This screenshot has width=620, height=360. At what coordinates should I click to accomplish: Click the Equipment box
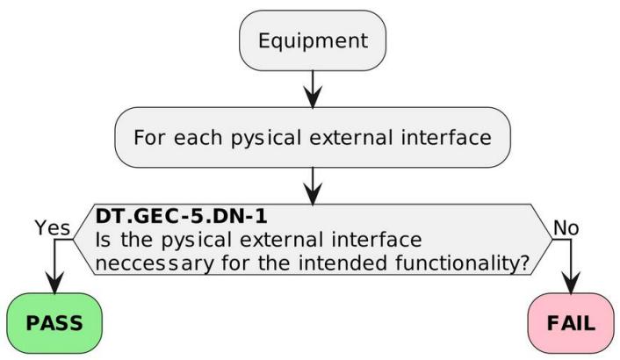[313, 40]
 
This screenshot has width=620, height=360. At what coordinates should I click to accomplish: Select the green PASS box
[54, 323]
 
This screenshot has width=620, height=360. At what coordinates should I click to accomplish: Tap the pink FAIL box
[571, 323]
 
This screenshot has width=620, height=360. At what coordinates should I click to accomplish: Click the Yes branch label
[53, 228]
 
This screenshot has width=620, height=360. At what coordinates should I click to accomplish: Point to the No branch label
[566, 228]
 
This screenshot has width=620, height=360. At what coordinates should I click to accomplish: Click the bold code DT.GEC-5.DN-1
[182, 217]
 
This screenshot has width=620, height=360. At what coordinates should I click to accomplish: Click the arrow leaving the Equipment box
[313, 89]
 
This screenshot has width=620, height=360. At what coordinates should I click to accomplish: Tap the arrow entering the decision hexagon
[313, 186]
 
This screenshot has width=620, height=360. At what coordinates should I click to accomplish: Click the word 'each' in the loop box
[198, 138]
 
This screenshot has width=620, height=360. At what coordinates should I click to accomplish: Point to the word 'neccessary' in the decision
[155, 263]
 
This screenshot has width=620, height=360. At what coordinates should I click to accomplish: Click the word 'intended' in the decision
[342, 263]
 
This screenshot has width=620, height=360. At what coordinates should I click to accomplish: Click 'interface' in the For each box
[446, 138]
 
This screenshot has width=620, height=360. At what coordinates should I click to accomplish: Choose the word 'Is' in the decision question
[103, 240]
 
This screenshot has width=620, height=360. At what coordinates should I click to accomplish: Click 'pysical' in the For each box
[266, 139]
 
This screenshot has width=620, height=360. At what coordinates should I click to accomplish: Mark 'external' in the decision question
[282, 240]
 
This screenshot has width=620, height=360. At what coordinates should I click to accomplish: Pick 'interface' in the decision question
[377, 240]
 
